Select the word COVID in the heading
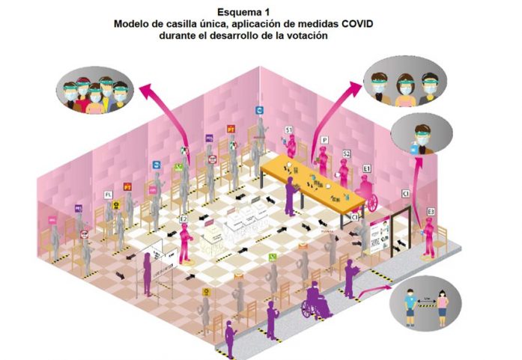click(354, 24)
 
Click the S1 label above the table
click(288, 130)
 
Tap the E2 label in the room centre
click(183, 218)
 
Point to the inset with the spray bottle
click(420, 139)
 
